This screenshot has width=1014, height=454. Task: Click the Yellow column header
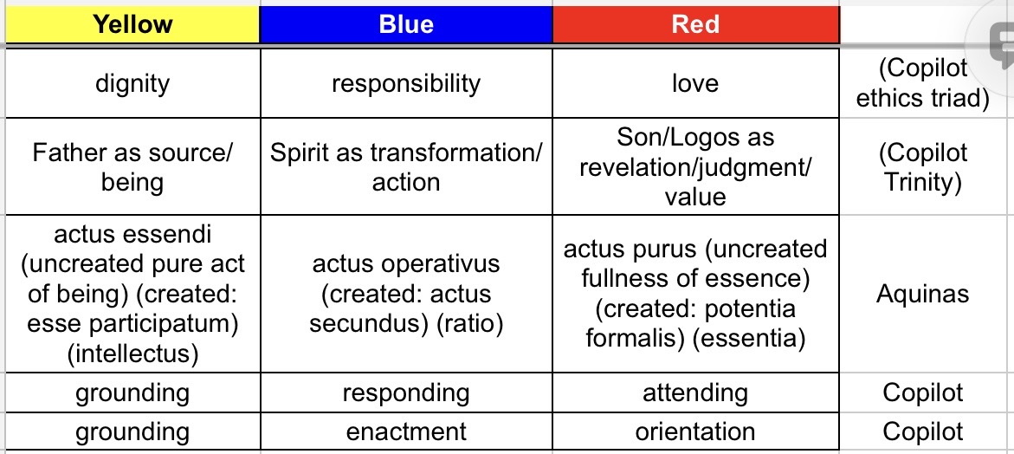(132, 25)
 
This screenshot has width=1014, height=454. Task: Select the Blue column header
(406, 25)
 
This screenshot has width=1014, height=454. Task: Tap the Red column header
(696, 25)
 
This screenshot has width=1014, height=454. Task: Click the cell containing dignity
(132, 83)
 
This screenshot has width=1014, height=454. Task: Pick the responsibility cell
(406, 83)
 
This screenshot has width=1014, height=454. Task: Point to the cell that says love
(696, 83)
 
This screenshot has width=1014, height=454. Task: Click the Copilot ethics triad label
(922, 83)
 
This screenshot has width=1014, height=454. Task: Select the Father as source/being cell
(132, 167)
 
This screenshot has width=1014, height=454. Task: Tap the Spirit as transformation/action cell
(406, 167)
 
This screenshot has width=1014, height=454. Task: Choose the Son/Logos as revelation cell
(696, 167)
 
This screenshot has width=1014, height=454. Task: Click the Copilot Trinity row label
(922, 167)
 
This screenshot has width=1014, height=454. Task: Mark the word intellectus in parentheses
(132, 353)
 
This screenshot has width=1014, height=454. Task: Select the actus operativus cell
(406, 294)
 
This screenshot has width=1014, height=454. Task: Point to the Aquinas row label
(922, 295)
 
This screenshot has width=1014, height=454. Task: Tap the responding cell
(406, 392)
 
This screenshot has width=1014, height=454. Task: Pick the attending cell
(696, 392)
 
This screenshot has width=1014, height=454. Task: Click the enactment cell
(406, 431)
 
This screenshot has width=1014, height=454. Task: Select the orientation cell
(696, 431)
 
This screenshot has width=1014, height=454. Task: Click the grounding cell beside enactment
(132, 431)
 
